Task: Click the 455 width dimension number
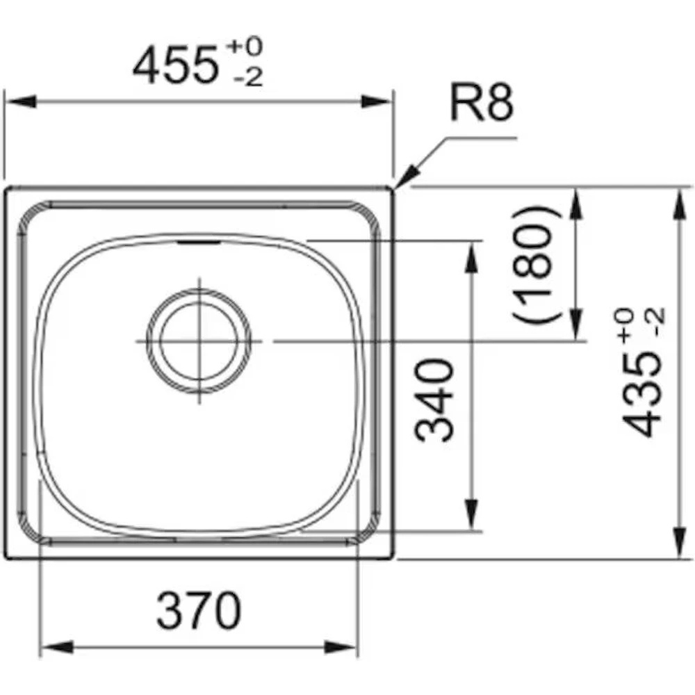coord(176,67)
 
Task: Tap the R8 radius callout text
coord(482,104)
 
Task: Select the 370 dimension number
coord(199,611)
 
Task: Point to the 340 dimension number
coord(434,401)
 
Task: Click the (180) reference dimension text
coord(537,265)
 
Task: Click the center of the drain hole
coord(199,341)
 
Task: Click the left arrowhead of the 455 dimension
coord(20,101)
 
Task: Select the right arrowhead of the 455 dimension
coord(377,101)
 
